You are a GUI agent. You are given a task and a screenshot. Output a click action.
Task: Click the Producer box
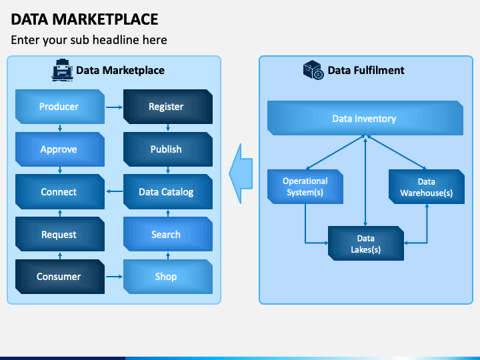click(59, 107)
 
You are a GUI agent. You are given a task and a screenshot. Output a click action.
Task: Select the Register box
click(167, 107)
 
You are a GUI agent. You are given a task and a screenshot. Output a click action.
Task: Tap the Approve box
click(59, 149)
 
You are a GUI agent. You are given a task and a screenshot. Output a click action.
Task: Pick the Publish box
click(167, 149)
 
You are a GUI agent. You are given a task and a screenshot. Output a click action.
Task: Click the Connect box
click(59, 192)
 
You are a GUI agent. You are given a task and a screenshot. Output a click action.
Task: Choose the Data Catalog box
click(167, 192)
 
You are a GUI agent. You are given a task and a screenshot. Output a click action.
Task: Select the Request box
click(59, 235)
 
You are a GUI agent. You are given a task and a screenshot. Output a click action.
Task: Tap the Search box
click(167, 235)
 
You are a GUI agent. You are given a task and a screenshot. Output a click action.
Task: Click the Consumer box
click(59, 277)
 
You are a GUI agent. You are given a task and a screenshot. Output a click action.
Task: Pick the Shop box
click(167, 277)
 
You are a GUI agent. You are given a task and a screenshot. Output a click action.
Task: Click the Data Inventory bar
click(365, 119)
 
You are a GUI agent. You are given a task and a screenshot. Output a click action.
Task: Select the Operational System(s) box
click(305, 187)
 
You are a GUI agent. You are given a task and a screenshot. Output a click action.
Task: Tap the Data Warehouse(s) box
click(426, 187)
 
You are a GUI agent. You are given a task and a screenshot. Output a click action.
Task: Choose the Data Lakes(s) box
click(365, 243)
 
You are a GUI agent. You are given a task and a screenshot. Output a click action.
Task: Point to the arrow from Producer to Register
click(113, 107)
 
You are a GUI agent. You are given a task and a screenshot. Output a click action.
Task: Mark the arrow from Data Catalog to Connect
click(113, 192)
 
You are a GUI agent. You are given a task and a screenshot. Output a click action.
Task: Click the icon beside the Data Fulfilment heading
click(313, 70)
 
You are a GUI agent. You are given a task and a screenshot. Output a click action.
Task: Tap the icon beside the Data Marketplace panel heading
click(62, 69)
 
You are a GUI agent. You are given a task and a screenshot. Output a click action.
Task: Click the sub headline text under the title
click(89, 40)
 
